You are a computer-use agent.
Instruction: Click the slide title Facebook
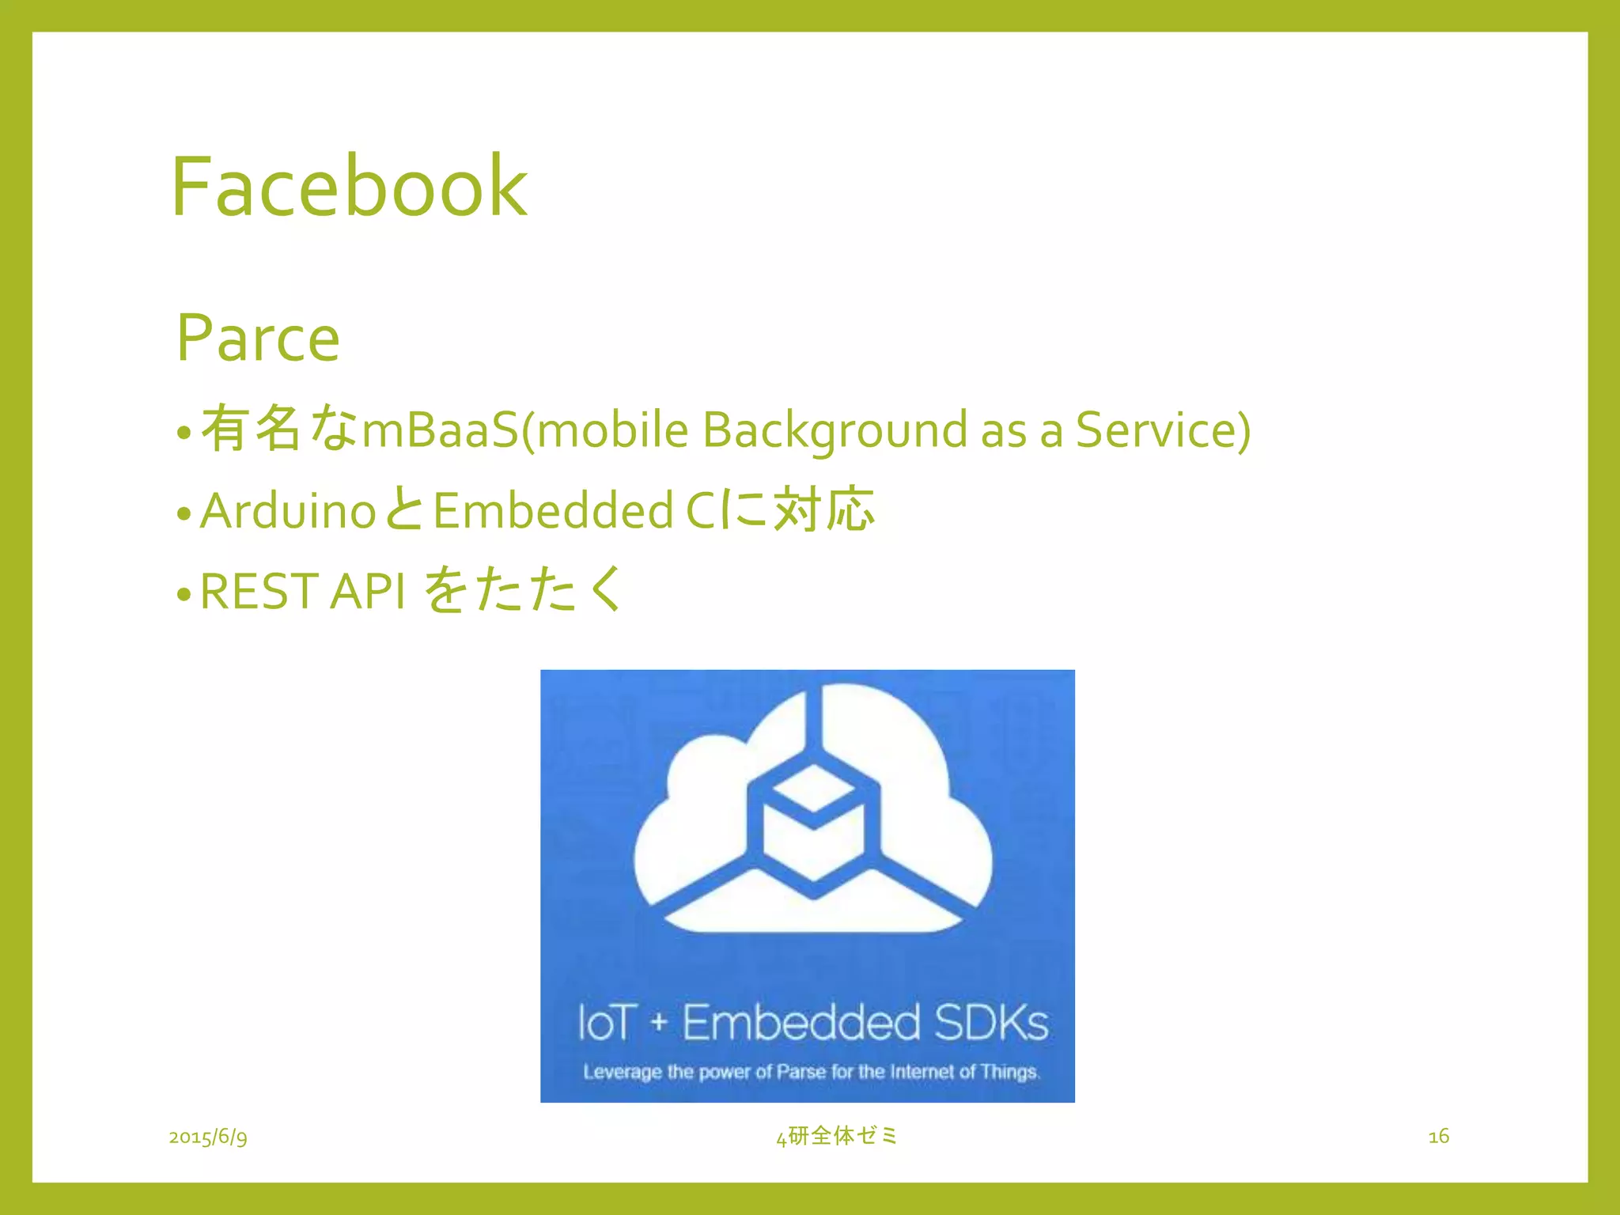(349, 187)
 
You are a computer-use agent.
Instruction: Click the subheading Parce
(258, 338)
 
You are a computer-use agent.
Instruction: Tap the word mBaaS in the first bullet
(439, 430)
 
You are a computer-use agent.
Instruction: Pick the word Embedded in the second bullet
(553, 510)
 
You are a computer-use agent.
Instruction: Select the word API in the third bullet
(369, 591)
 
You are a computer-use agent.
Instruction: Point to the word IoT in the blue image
(607, 1022)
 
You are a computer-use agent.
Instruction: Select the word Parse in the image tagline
(801, 1072)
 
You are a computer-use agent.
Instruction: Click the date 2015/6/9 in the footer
(208, 1137)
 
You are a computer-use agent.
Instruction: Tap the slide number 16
(1438, 1137)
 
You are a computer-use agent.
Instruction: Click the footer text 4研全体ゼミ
(837, 1136)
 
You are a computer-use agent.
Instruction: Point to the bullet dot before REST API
(184, 594)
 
